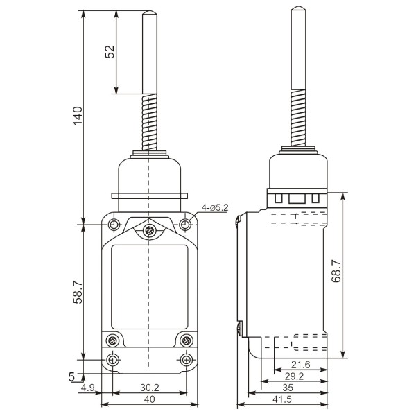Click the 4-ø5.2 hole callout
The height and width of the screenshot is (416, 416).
(x=214, y=207)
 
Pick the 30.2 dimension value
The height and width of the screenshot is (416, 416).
(x=148, y=388)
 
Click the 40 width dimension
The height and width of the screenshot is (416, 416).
(x=148, y=399)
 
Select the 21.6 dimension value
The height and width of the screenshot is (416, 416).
(x=300, y=365)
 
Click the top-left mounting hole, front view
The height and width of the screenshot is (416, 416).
(x=112, y=225)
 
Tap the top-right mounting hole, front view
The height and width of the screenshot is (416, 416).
(x=185, y=225)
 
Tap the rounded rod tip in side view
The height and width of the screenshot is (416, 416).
(x=297, y=10)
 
